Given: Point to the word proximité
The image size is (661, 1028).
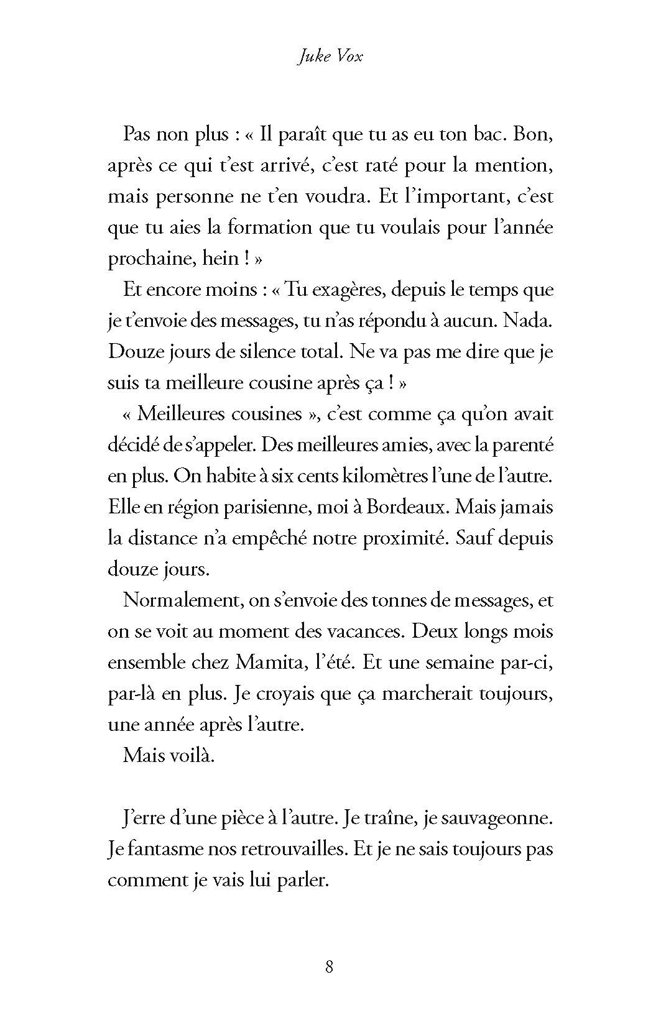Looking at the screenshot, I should tap(405, 539).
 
